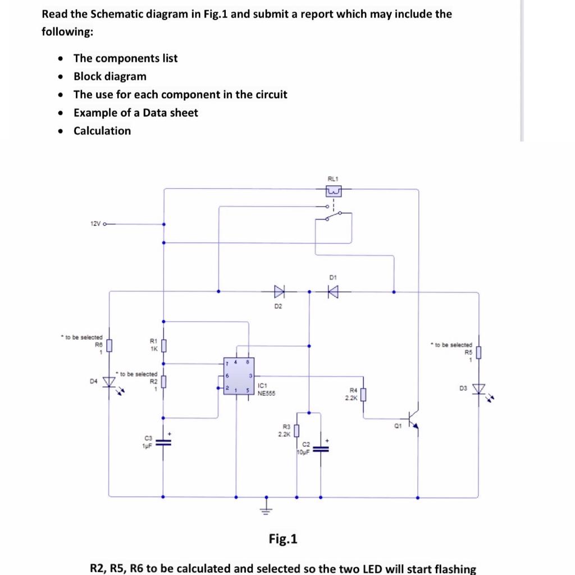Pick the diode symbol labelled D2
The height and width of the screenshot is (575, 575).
279,291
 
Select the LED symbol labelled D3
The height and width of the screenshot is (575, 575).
479,389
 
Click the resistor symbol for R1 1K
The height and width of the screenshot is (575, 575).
163,345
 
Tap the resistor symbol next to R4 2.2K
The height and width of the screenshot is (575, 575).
363,395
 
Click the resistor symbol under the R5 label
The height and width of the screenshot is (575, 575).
479,353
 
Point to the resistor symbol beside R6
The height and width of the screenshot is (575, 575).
109,344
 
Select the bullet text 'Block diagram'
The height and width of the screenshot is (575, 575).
109,76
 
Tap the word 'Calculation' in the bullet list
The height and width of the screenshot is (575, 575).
102,131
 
